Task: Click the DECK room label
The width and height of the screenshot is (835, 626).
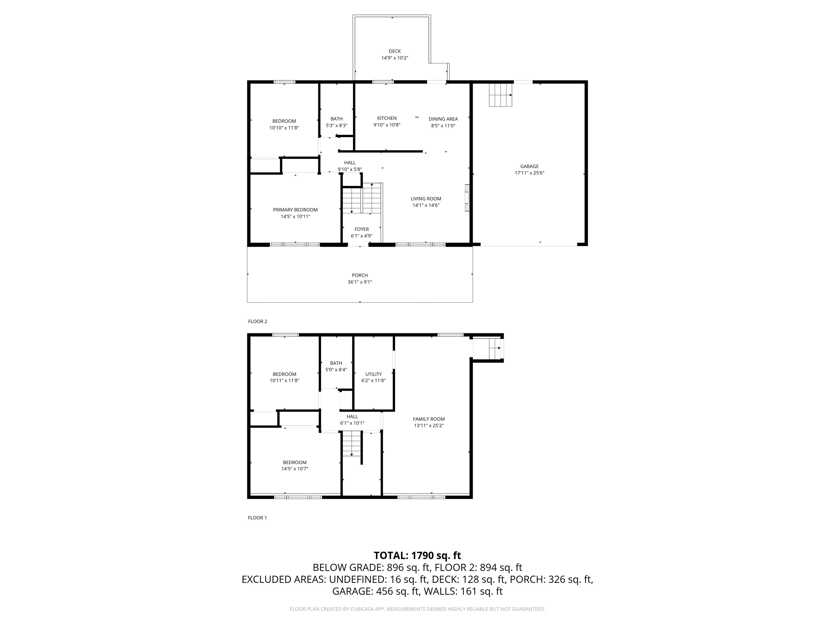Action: tap(394, 51)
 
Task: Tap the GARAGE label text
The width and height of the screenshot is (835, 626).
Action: tap(529, 166)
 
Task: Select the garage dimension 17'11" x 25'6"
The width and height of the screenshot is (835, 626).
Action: tap(529, 173)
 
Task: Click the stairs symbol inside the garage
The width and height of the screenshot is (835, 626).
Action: tap(501, 95)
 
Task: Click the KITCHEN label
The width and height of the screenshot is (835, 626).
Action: tap(387, 118)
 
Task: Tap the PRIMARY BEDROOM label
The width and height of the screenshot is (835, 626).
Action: tap(295, 210)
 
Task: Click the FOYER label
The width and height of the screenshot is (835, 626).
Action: tap(362, 229)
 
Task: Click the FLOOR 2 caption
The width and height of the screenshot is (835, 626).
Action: tap(257, 321)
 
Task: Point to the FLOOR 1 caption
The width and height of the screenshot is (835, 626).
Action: tap(257, 518)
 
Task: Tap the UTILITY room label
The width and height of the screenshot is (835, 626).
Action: tap(373, 374)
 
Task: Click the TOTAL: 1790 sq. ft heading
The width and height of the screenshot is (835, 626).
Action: tap(417, 555)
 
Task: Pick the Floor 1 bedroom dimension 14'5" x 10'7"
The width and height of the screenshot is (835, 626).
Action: tap(294, 469)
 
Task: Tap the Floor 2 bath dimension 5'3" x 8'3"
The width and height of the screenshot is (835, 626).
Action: tap(336, 126)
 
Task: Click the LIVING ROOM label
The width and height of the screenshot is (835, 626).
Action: tap(426, 199)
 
